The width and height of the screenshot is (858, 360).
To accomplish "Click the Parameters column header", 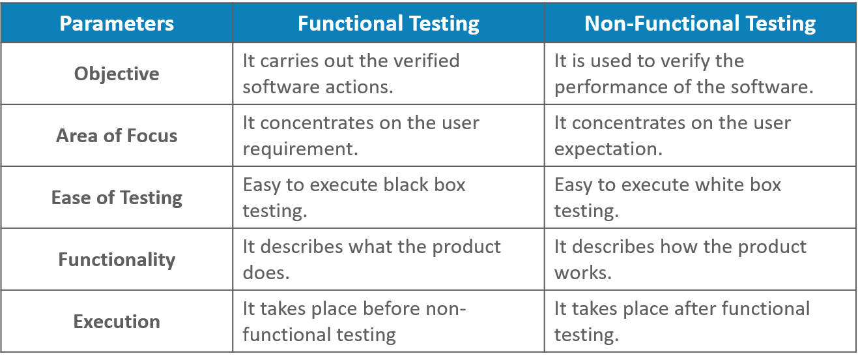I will (117, 24).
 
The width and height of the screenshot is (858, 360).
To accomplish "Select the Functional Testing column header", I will (388, 24).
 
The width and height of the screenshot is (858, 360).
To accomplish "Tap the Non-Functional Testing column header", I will (700, 24).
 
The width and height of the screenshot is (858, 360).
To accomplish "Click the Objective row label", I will (117, 74).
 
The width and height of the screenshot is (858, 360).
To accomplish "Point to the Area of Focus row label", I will (117, 136).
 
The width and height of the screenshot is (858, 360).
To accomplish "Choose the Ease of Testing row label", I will (117, 198).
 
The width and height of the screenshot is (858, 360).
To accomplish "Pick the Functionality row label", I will (117, 260).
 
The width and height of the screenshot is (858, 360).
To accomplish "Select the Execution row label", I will (117, 322).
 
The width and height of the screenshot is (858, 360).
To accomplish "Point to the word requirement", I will (300, 149).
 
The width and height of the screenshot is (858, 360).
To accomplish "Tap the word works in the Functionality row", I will (582, 273).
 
